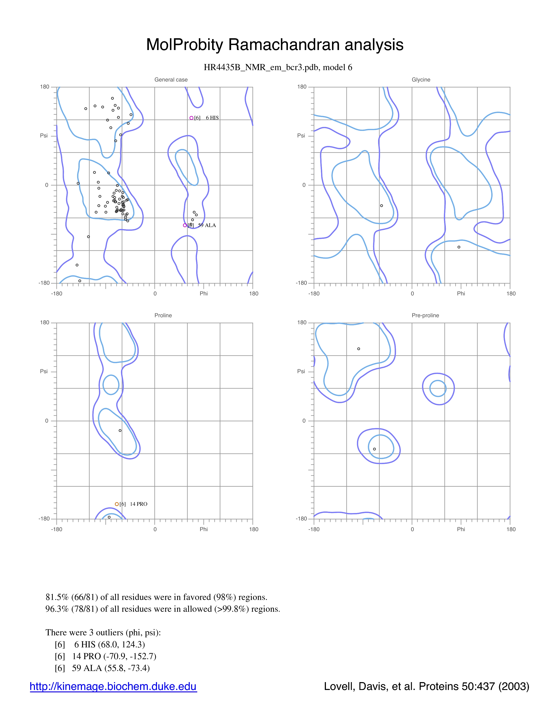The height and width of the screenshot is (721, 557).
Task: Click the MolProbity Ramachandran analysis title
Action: click(275, 45)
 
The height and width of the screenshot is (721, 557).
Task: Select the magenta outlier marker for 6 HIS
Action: click(191, 118)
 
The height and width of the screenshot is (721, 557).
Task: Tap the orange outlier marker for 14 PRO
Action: click(117, 504)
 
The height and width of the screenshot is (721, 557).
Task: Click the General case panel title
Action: click(171, 80)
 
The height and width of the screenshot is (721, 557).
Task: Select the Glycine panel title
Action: click(421, 80)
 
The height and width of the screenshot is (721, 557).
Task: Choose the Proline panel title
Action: click(163, 315)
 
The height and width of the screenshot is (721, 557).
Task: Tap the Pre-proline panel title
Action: click(425, 315)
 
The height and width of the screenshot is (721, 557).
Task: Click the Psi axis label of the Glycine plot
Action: click(301, 135)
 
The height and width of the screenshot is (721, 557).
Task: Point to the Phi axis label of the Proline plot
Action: click(204, 529)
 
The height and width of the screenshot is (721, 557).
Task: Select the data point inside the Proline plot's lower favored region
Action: click(120, 430)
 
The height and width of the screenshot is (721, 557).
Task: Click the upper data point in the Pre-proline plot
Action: click(359, 349)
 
